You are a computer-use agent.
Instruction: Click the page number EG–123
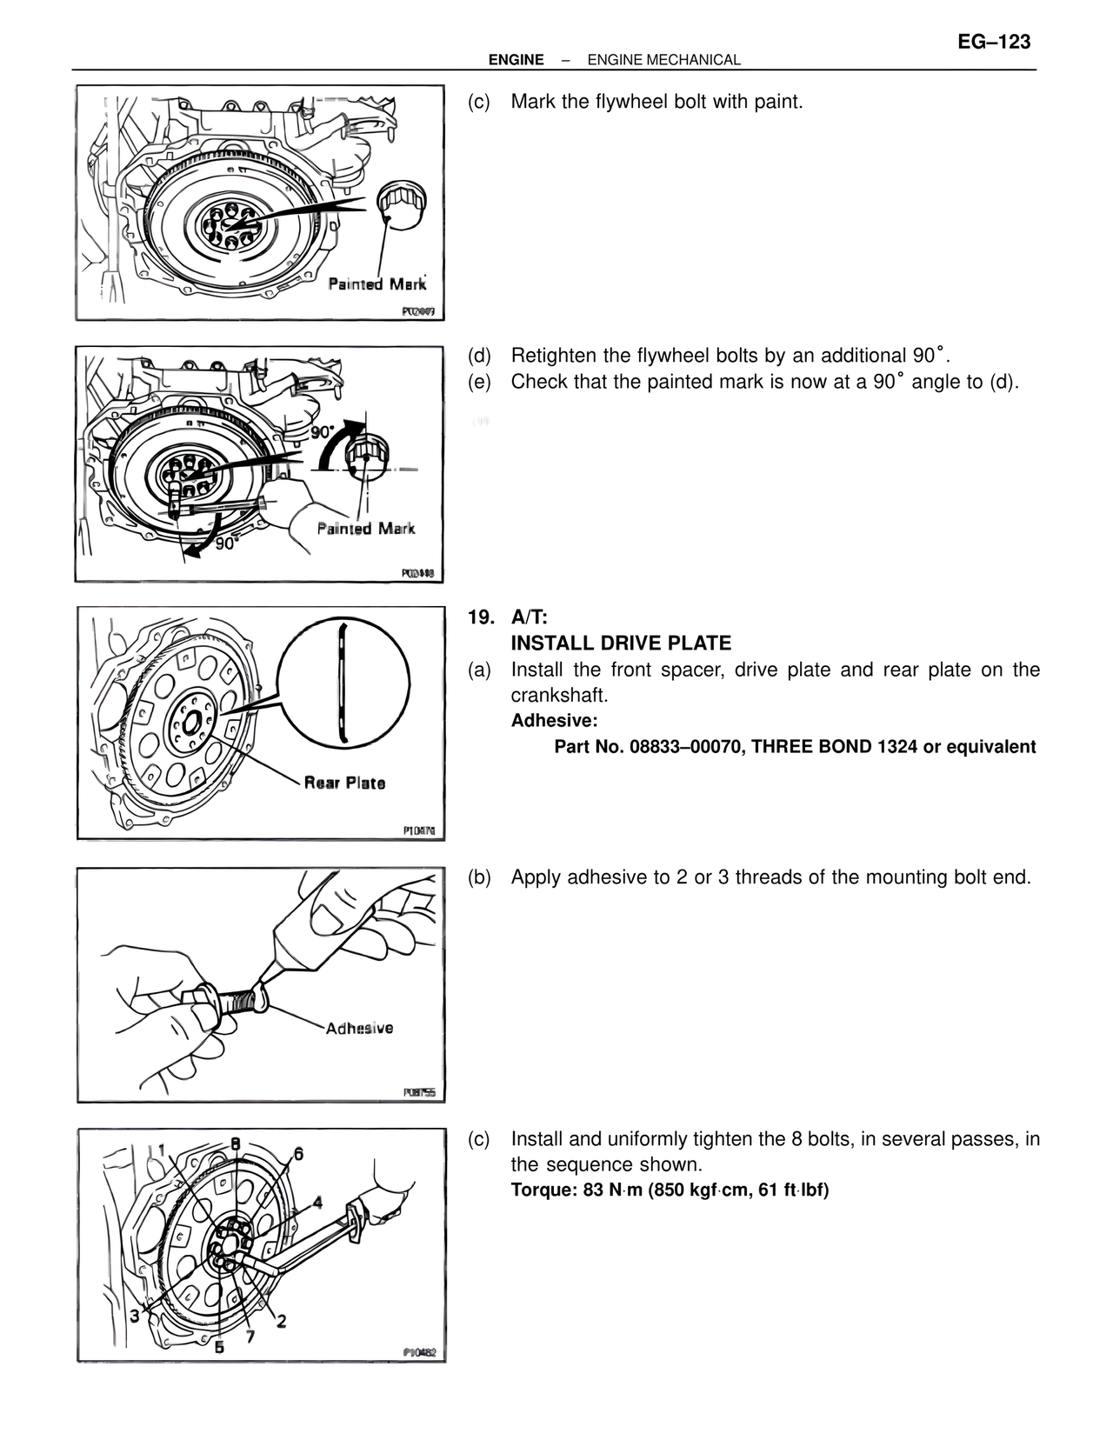click(994, 41)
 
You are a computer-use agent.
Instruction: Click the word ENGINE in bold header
click(516, 60)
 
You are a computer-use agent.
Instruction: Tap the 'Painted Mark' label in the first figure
click(377, 284)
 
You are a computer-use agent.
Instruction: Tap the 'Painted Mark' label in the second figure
click(366, 529)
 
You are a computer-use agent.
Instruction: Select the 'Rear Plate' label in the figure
click(344, 783)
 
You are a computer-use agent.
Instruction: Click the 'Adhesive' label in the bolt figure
click(359, 1028)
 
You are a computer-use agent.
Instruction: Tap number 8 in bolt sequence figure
click(235, 1143)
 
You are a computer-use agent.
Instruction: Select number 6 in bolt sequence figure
click(298, 1154)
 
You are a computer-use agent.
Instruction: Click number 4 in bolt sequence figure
click(317, 1203)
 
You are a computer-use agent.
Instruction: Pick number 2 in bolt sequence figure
click(282, 1321)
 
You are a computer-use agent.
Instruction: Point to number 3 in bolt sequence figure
click(135, 1316)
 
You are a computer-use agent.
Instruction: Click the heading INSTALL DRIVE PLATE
click(621, 643)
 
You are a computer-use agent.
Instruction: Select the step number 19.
click(478, 617)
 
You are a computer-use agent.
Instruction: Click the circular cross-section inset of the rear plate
click(344, 684)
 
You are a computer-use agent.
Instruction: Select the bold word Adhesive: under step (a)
click(554, 721)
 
